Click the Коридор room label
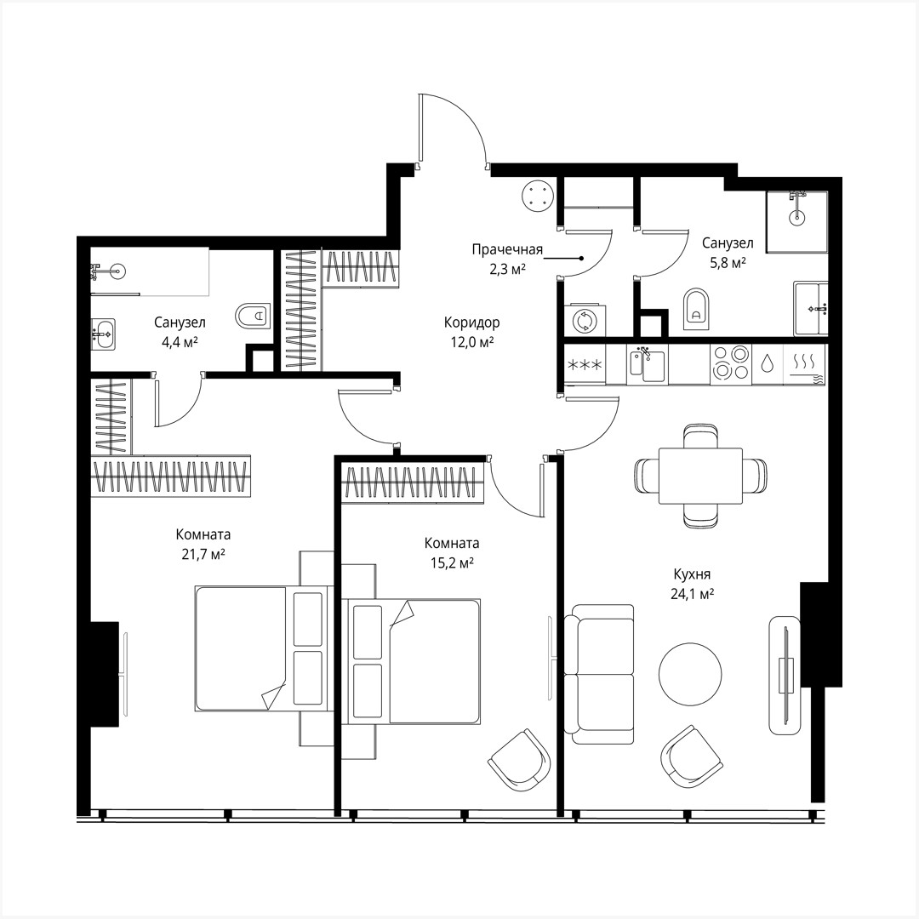point(471,323)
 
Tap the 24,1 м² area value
point(691,594)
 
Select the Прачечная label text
point(507,249)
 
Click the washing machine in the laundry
point(584,321)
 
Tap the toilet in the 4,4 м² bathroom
point(253,317)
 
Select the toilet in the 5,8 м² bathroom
point(695,309)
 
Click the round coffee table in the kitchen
point(690,670)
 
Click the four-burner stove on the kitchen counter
point(730,362)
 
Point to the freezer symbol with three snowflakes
point(585,365)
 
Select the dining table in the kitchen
point(700,475)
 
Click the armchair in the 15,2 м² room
point(519,759)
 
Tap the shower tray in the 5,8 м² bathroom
point(796,221)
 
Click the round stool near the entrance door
point(539,195)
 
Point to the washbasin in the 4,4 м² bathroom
point(102,334)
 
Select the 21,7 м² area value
point(203,554)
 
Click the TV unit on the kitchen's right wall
point(785,675)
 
